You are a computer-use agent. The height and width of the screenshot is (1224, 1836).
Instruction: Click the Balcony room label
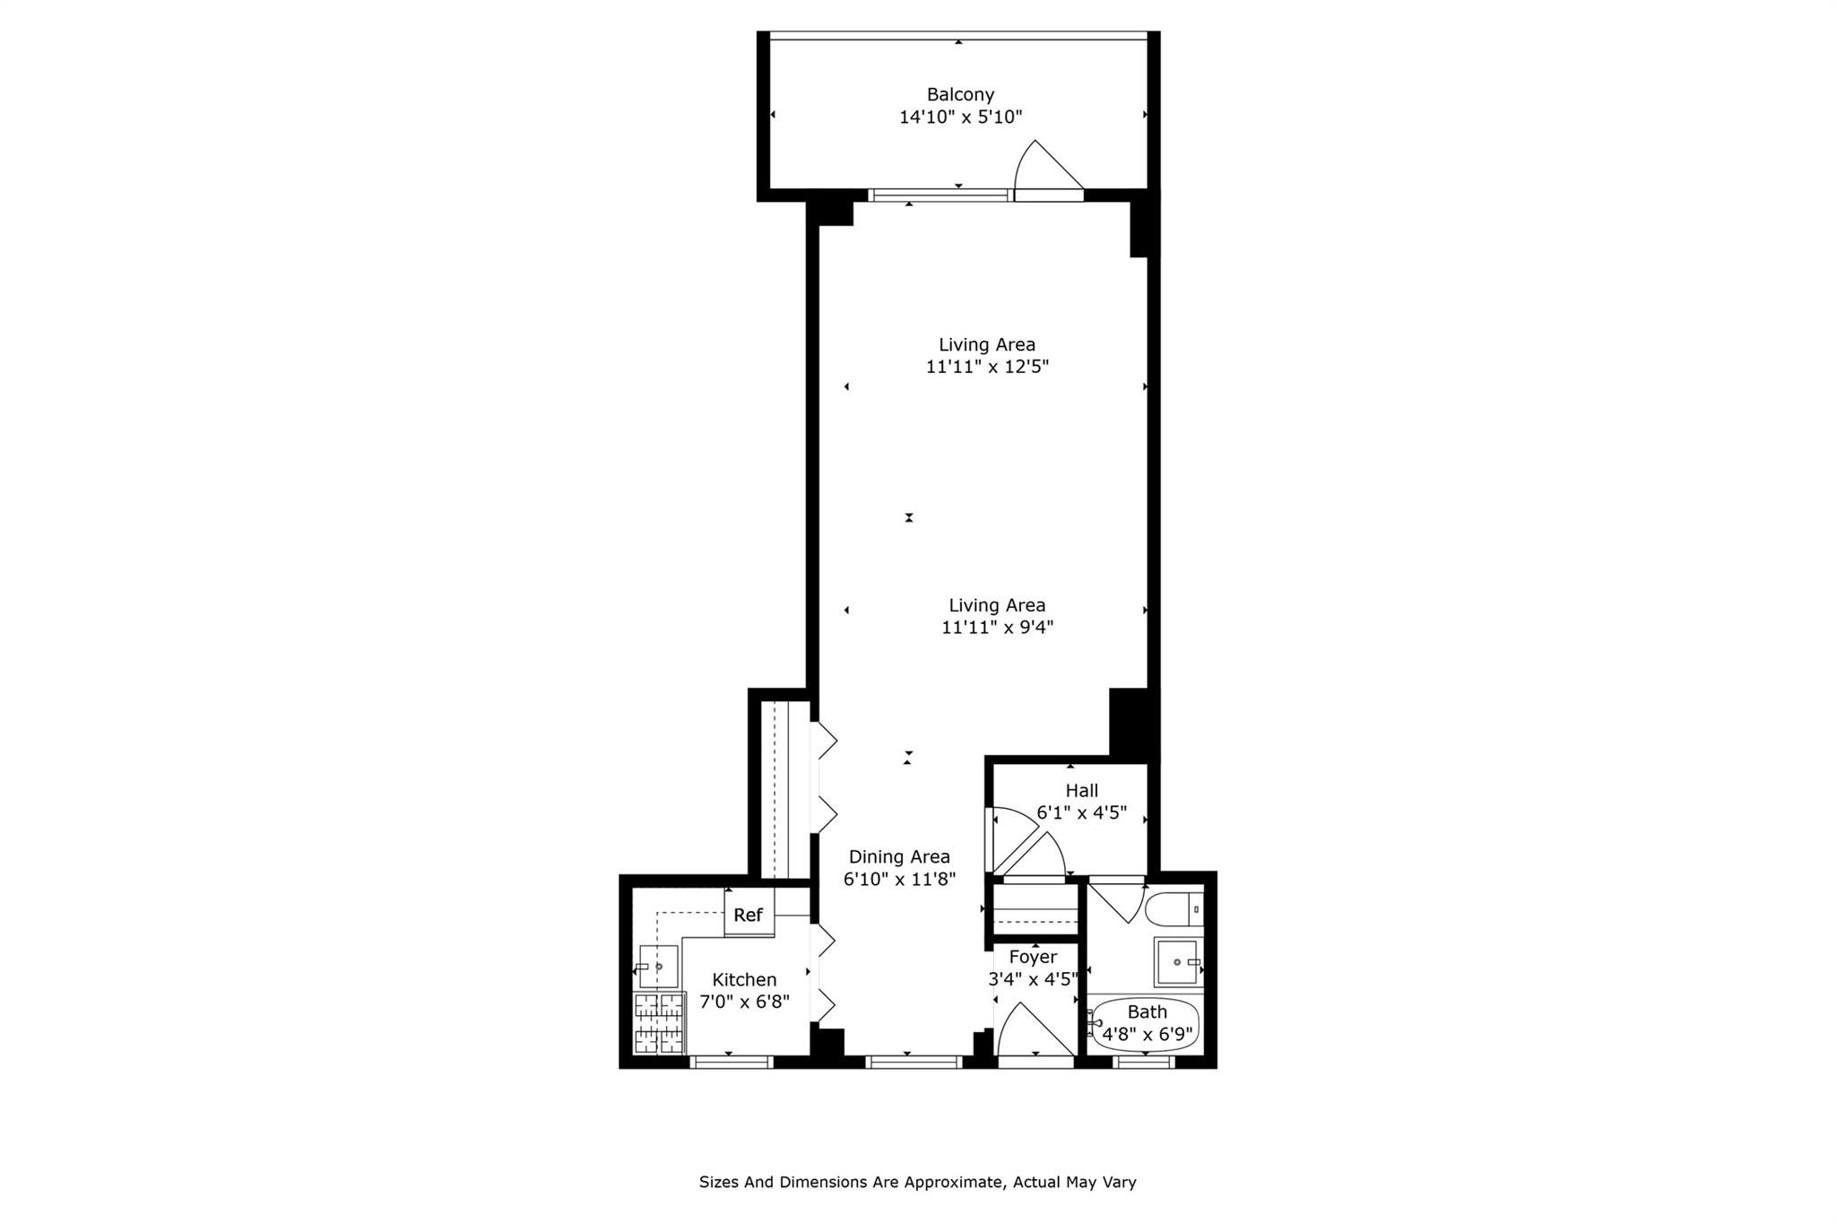pos(960,94)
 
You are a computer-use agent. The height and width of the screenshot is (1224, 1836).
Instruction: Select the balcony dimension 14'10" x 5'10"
pos(960,117)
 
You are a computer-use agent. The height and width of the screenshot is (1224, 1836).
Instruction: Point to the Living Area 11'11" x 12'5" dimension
pos(987,367)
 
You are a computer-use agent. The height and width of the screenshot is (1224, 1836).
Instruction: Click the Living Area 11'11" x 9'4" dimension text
pos(997,628)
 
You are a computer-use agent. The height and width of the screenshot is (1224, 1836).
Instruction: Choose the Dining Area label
pos(899,857)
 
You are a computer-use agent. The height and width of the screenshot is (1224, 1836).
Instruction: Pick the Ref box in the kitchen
pos(749,915)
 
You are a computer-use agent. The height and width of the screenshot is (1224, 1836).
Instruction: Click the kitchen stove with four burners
pos(659,1023)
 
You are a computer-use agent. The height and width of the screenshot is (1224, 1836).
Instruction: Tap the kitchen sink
pos(657,967)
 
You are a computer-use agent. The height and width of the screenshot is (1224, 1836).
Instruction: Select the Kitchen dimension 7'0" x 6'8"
pos(744,1002)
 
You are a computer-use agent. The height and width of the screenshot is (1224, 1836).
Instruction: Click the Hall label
pos(1081,791)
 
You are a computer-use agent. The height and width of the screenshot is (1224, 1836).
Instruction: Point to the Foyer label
pos(1033,957)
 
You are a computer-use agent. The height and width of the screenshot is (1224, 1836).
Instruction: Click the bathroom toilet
pos(1173,908)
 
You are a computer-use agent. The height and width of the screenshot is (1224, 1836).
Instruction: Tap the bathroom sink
pos(1177,961)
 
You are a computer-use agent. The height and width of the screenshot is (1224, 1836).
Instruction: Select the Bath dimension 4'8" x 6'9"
pos(1147,1034)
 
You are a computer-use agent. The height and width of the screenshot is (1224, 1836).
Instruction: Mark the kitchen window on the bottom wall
pos(731,1063)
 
